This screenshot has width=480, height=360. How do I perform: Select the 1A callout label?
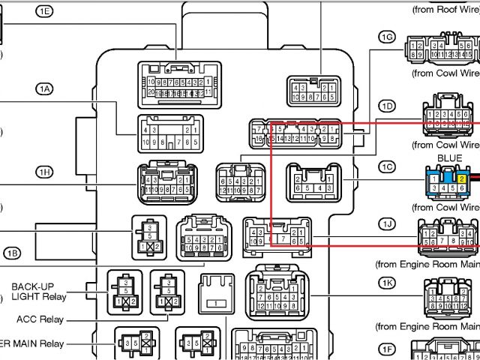click(x=45, y=88)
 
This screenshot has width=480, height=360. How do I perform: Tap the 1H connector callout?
click(x=45, y=172)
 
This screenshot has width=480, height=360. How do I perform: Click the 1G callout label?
click(x=387, y=37)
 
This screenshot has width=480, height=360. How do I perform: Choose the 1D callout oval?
click(x=387, y=106)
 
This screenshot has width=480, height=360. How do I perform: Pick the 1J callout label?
click(x=387, y=224)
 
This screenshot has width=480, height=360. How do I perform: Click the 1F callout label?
click(x=387, y=349)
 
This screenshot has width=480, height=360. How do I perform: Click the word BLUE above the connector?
click(x=449, y=159)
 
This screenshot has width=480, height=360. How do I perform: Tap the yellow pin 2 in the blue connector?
click(x=463, y=178)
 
